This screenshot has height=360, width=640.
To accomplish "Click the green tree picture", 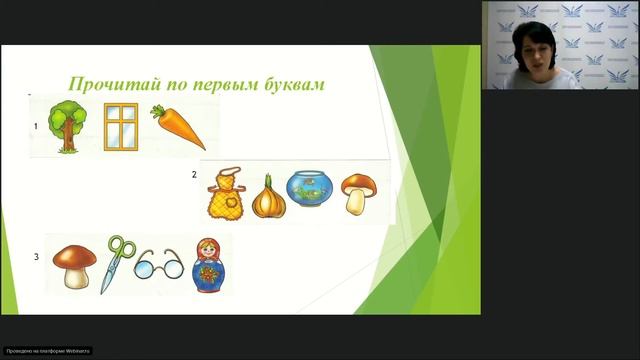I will coord(68,127).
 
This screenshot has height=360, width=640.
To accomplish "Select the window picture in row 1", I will coord(122,128).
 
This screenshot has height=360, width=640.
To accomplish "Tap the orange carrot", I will coord(180,129).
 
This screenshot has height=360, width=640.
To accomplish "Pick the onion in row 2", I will coord(268,195).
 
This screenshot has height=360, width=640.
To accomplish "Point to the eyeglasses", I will coord(159,266).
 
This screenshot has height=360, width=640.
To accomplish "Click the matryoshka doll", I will coord(208,264).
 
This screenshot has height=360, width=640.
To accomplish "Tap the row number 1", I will coord(36,127).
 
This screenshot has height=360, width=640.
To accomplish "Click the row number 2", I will coord(194,174).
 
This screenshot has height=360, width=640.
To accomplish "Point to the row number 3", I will coord(37,257).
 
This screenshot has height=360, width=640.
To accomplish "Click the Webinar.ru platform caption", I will coord(48,351).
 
